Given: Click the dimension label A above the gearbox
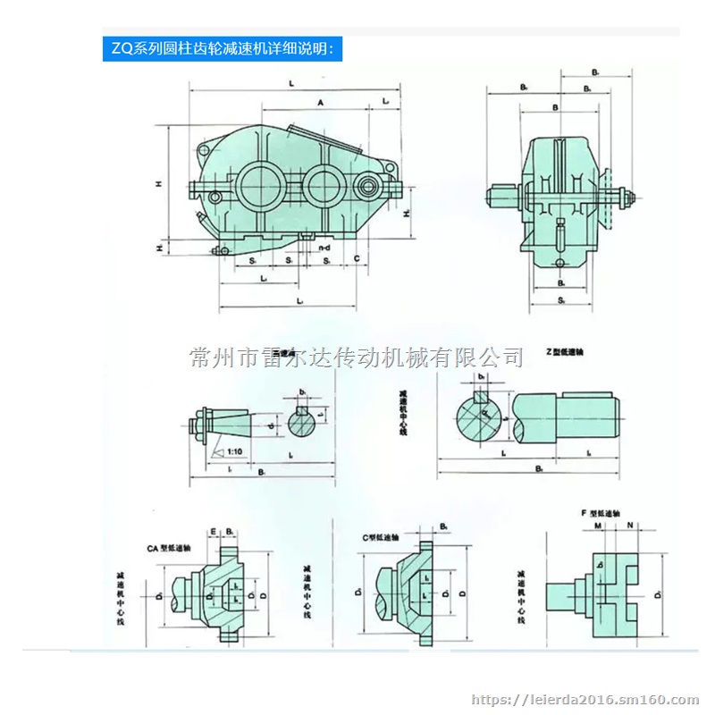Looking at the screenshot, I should pyautogui.click(x=320, y=104).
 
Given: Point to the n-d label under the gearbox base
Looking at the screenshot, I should pyautogui.click(x=328, y=246).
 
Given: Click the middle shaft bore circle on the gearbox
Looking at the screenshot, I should pyautogui.click(x=321, y=185).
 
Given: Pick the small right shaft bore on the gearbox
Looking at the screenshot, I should pyautogui.click(x=368, y=187).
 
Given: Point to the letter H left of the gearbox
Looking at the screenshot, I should pyautogui.click(x=158, y=184).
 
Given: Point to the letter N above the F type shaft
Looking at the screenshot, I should pyautogui.click(x=630, y=526).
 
